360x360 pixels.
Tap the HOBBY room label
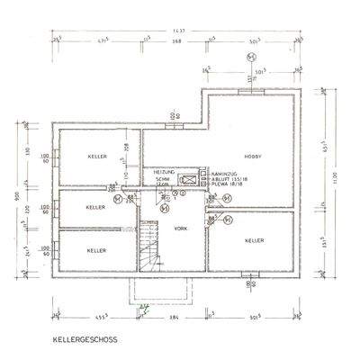click(x=251, y=154)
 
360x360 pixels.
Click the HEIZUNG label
click(x=163, y=171)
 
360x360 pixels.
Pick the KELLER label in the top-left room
click(x=98, y=157)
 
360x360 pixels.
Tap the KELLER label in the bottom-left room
click(x=97, y=249)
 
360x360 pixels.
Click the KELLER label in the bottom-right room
click(x=254, y=240)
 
